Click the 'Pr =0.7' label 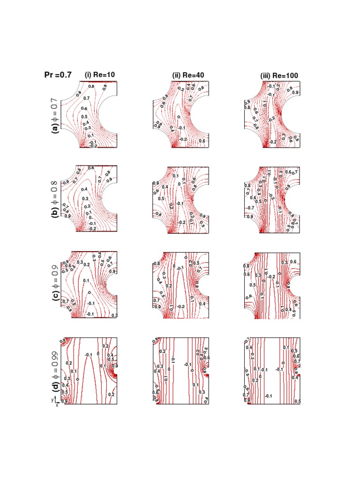coord(58,75)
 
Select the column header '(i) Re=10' coord(99,75)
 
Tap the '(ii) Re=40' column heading coord(188,75)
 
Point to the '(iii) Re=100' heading coord(279,75)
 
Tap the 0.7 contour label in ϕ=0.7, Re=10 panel coord(86,98)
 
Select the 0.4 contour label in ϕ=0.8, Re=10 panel coord(84,189)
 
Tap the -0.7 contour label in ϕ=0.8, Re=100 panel coord(250,207)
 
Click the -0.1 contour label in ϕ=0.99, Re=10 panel coord(89,355)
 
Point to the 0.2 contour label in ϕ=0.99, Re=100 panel coord(255,380)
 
